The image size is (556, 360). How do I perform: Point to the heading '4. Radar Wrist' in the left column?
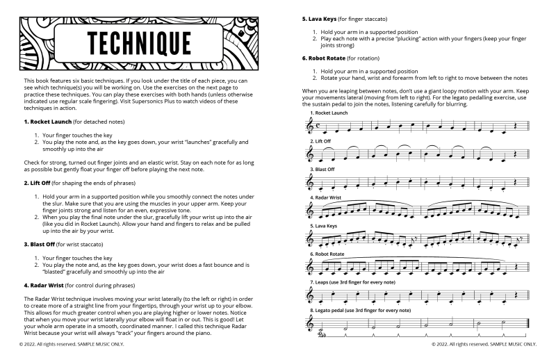pyautogui.click(x=42, y=285)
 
